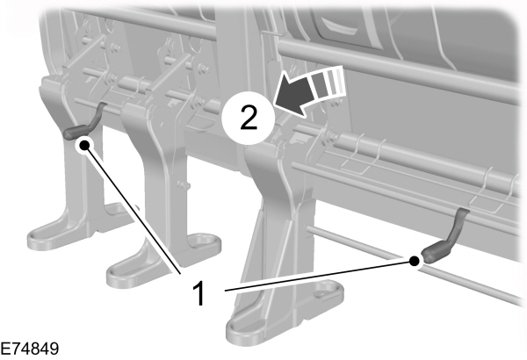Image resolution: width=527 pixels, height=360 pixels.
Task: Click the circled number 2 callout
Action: pyautogui.click(x=249, y=118)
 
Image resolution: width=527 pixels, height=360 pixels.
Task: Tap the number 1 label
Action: pyautogui.click(x=199, y=293)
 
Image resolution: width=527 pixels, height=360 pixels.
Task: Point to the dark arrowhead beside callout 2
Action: pyautogui.click(x=293, y=95)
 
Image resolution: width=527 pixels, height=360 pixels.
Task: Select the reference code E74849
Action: pyautogui.click(x=29, y=349)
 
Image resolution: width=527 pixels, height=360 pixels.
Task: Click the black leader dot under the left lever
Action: pyautogui.click(x=84, y=145)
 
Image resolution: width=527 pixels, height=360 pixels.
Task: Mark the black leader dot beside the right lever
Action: pyautogui.click(x=415, y=261)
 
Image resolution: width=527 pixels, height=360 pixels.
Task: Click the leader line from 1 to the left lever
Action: pyautogui.click(x=133, y=209)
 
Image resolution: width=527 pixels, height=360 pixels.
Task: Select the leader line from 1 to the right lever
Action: pyautogui.click(x=320, y=276)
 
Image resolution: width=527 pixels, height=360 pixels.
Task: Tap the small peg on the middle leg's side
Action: pyautogui.click(x=184, y=185)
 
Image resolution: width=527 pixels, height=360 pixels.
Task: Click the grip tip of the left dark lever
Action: pyautogui.click(x=68, y=133)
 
